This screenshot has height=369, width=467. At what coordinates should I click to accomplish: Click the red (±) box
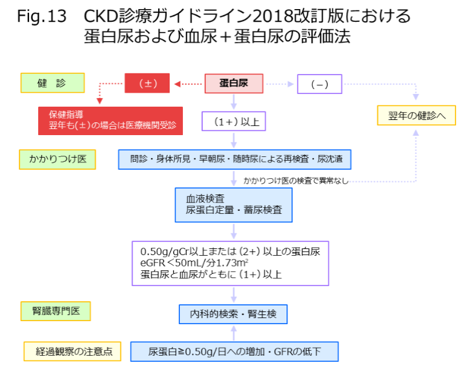click(x=147, y=84)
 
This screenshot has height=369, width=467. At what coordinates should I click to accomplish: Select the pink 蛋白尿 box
click(x=234, y=84)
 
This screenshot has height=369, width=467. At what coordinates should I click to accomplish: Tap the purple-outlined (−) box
click(x=319, y=84)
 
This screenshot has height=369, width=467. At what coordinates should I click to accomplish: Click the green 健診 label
click(x=52, y=83)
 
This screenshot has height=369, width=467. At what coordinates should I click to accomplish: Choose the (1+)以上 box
click(x=233, y=121)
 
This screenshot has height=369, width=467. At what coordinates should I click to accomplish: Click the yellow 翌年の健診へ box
click(x=416, y=115)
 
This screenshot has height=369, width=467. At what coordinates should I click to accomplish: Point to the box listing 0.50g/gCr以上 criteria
click(x=231, y=263)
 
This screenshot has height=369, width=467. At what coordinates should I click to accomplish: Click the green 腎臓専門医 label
click(x=56, y=311)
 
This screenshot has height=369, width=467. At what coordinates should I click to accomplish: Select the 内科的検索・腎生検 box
click(x=233, y=314)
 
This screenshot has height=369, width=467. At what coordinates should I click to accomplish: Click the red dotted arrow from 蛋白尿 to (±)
click(x=188, y=84)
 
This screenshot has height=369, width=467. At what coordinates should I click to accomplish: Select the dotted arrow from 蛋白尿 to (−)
click(x=280, y=84)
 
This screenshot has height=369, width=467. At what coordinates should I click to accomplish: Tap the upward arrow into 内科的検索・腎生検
click(x=234, y=333)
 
